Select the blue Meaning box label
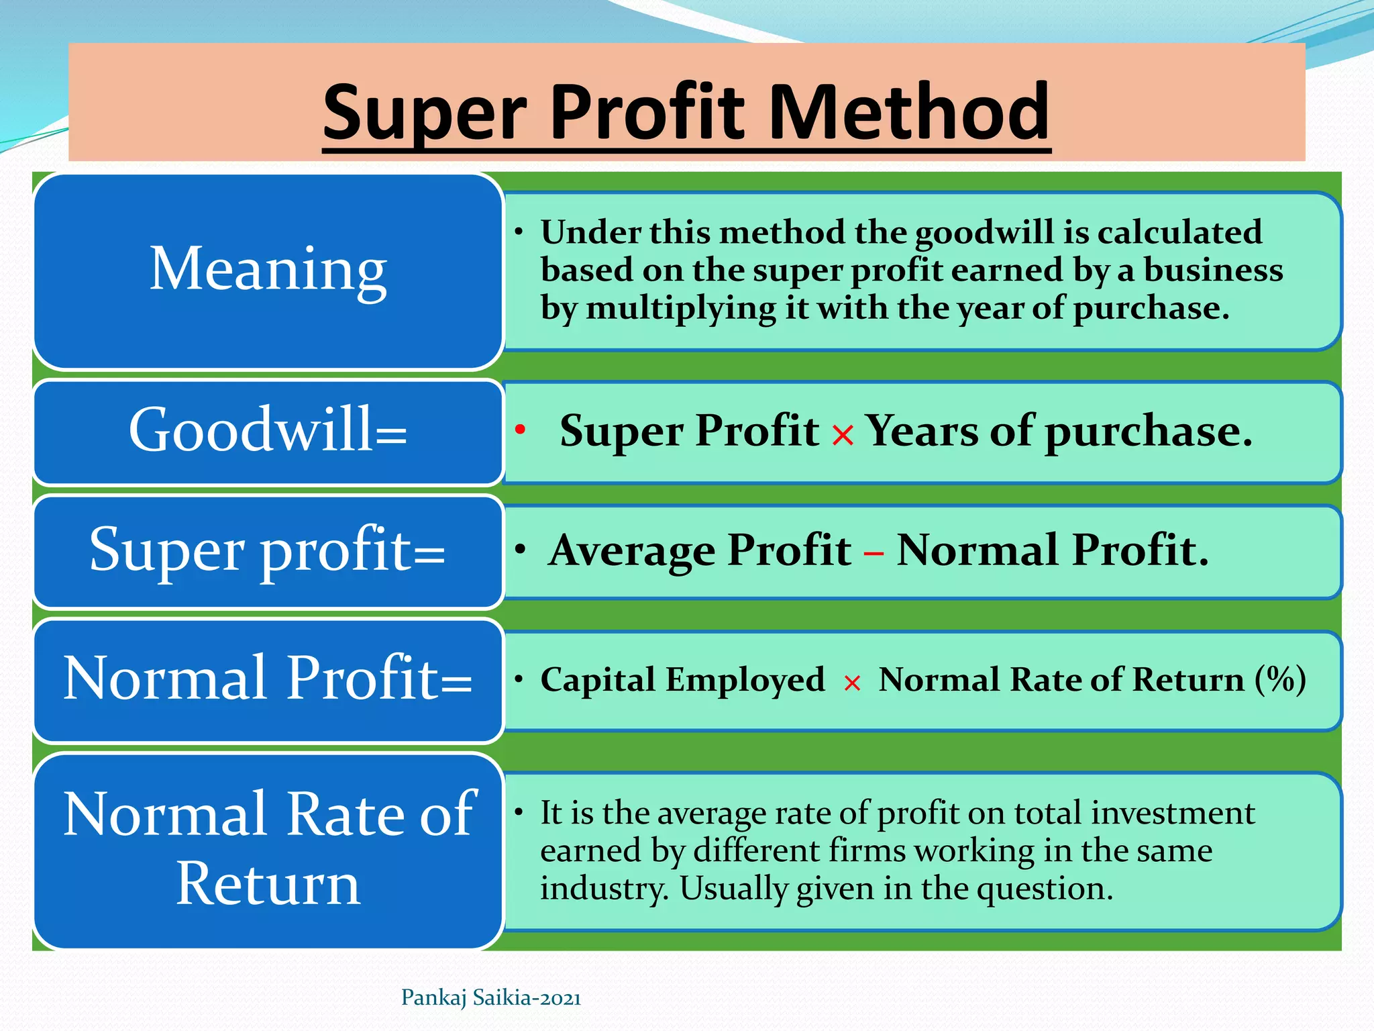pos(268,270)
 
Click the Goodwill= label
pos(268,430)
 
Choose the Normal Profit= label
pos(268,678)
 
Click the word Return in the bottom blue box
pos(268,884)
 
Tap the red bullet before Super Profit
pos(520,429)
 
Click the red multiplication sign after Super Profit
pos(843,436)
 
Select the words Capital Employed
pos(682,680)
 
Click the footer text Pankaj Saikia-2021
pos(491,998)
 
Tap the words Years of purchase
pos(1058,431)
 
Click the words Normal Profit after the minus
pos(1052,550)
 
